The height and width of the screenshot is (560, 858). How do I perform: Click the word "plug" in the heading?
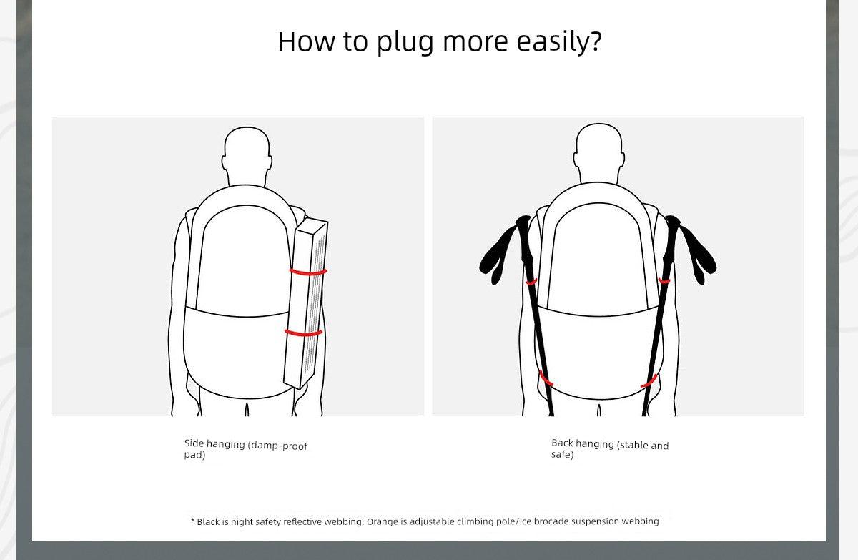coord(405,42)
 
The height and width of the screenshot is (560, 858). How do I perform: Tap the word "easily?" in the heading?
coord(559,41)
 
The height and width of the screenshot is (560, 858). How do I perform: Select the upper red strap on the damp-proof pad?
coord(308,272)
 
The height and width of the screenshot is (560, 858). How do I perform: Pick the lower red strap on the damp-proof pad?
coord(304,333)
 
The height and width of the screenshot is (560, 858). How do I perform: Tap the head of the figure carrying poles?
coord(599,152)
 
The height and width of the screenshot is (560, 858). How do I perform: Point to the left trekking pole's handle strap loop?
coord(498,255)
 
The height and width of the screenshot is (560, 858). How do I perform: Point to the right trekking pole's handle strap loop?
coord(697,255)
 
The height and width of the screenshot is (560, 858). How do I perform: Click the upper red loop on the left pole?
coord(531,283)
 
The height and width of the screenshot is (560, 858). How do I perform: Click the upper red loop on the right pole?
coord(664,282)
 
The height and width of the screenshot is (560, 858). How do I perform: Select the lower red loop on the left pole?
coord(546,378)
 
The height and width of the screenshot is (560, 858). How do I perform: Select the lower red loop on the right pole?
coord(649,381)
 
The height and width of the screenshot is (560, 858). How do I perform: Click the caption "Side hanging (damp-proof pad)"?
coord(245,449)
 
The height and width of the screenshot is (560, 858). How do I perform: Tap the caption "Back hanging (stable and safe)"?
coord(610,448)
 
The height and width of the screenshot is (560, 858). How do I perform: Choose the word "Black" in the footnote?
coord(208,521)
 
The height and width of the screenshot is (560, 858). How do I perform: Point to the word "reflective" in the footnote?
coord(303,521)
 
